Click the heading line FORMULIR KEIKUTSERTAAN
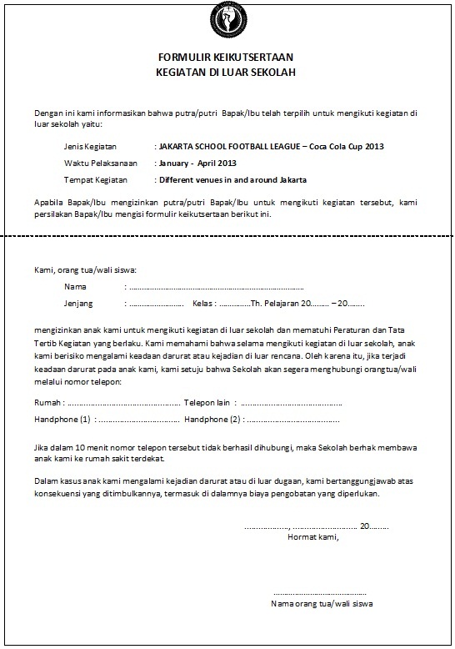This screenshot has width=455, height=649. click(x=226, y=58)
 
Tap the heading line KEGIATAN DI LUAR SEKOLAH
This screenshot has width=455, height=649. click(x=226, y=72)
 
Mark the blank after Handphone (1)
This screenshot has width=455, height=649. click(x=138, y=419)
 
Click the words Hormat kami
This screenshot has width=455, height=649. click(x=312, y=537)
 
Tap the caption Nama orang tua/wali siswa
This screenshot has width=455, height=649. click(x=321, y=601)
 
